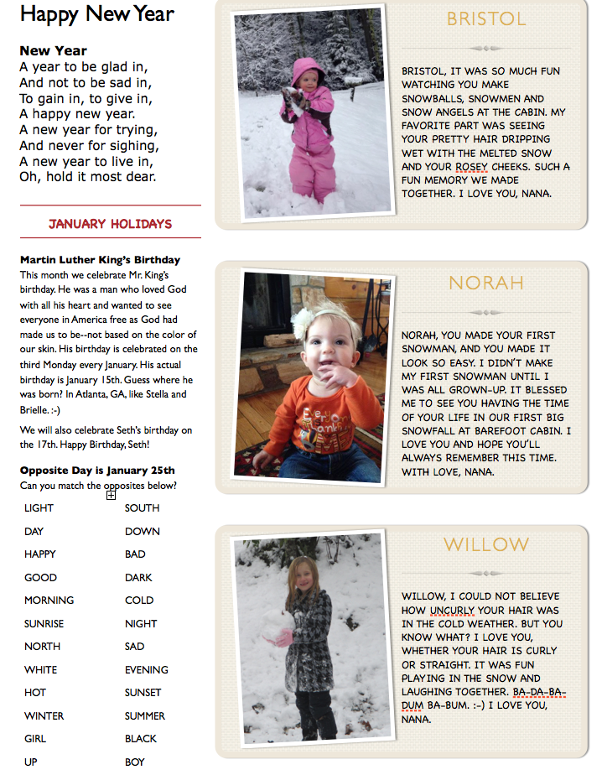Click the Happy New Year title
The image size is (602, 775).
(96, 14)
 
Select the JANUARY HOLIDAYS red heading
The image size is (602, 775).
(110, 224)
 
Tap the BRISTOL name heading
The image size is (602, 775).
(486, 18)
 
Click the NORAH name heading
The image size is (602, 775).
(485, 283)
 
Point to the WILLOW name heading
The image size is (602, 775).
(486, 545)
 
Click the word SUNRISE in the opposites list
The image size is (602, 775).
(43, 623)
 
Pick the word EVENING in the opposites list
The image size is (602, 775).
(146, 669)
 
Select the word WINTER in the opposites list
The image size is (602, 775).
(44, 715)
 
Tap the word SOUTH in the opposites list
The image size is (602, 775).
(142, 507)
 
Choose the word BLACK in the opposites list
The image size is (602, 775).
(141, 738)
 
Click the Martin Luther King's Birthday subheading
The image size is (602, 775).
(100, 260)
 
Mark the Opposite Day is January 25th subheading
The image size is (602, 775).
(97, 471)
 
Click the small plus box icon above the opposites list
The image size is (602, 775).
(111, 495)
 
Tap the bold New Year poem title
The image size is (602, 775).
(54, 50)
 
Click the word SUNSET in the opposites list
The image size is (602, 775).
(143, 692)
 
